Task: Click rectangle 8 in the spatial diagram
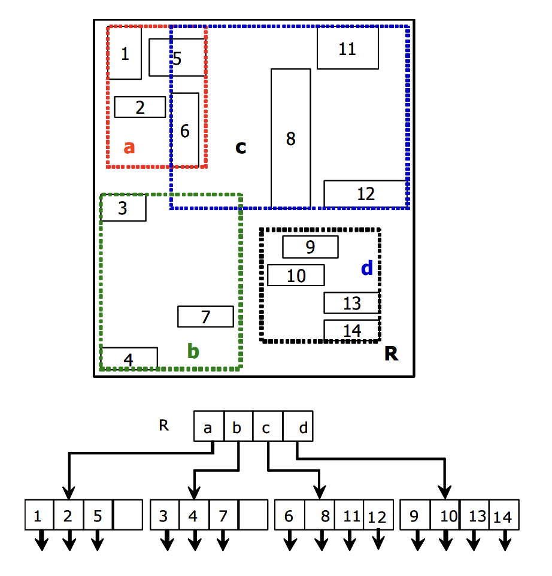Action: [x=291, y=138]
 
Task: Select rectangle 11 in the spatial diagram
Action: [x=347, y=48]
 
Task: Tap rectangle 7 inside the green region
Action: [x=205, y=317]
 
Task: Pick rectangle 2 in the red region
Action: [x=139, y=107]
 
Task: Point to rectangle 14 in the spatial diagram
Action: [x=352, y=330]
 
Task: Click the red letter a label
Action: [x=129, y=147]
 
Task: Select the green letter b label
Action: [x=193, y=351]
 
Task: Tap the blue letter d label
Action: [x=367, y=268]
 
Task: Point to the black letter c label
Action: [x=241, y=147]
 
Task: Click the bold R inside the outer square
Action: [x=391, y=354]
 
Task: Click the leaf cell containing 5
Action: [x=98, y=515]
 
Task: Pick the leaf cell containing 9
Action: [x=414, y=515]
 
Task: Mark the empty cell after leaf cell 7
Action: [x=253, y=515]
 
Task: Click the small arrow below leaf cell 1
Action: [x=41, y=541]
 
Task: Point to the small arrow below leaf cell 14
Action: [x=505, y=541]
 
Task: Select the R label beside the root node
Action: [x=163, y=426]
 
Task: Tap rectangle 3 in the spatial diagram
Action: [x=123, y=208]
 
